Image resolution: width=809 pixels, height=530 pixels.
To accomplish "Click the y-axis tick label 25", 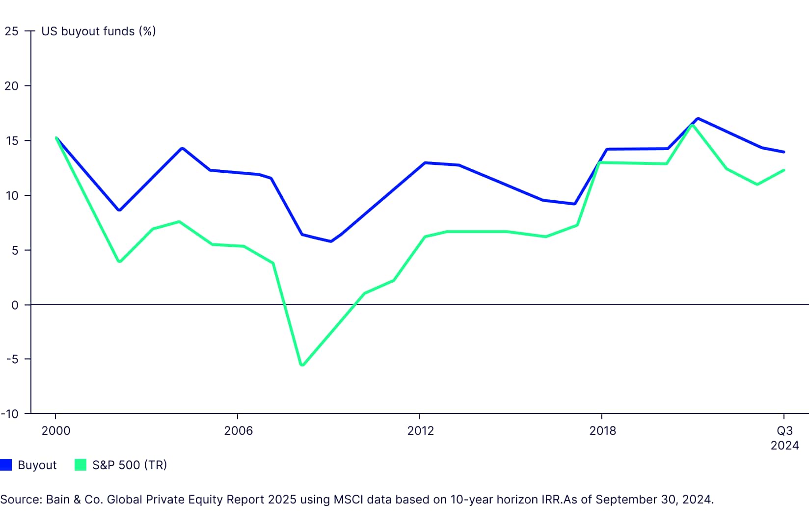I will [x=11, y=31].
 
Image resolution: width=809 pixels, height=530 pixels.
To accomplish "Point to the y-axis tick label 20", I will [x=11, y=86].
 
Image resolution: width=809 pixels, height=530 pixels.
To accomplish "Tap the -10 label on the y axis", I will [x=10, y=414].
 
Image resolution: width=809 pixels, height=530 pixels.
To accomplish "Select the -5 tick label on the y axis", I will [x=12, y=359].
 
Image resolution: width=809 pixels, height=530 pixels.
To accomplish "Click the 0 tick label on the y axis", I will [x=15, y=305].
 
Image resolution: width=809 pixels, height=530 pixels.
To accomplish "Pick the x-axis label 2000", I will [x=55, y=431].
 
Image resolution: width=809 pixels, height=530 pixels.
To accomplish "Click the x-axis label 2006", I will [x=238, y=431].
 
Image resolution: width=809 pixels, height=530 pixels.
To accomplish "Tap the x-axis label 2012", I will [x=420, y=431].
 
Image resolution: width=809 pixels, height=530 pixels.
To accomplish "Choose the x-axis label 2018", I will [x=602, y=431].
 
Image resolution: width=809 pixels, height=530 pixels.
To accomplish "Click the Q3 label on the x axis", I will [x=784, y=431].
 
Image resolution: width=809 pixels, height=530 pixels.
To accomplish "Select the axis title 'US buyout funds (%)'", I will [x=98, y=31].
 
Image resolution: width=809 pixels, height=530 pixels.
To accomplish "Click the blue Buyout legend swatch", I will [x=6, y=465].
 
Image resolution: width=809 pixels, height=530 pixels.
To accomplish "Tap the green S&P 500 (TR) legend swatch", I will [x=81, y=465].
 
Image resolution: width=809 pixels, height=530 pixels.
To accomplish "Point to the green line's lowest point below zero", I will [x=302, y=365].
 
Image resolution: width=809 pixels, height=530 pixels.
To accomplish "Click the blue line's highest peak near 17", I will [x=698, y=119].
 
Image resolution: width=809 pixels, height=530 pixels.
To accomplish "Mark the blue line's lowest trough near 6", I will [x=331, y=241].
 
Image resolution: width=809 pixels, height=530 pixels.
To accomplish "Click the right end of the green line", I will [x=783, y=170].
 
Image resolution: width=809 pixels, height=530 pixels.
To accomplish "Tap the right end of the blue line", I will [x=783, y=152].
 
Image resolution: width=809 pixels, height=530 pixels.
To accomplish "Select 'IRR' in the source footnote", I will [x=553, y=500].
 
